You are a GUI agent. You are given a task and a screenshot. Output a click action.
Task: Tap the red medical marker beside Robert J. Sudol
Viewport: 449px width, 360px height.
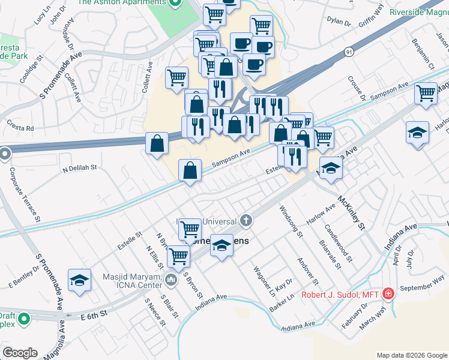(x=388, y=294)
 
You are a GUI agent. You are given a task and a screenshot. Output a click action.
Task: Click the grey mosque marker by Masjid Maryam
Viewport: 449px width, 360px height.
(x=172, y=279)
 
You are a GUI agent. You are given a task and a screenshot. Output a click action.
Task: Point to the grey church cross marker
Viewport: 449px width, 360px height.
(x=246, y=221)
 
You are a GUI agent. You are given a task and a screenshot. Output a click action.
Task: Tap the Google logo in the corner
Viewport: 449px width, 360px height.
(x=20, y=352)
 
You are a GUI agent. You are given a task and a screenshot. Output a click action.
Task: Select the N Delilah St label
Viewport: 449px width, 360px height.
(x=80, y=169)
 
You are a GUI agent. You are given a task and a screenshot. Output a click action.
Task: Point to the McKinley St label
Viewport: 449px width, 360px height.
(x=351, y=214)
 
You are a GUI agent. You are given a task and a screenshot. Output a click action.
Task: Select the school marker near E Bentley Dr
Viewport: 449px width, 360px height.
(x=79, y=280)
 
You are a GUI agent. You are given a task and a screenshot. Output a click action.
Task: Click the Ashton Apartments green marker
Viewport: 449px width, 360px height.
(x=175, y=3)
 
